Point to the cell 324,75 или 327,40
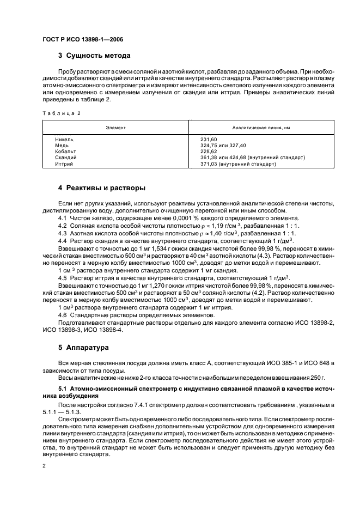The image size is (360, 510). pyautogui.click(x=223, y=145)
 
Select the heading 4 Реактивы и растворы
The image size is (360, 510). pyautogui.click(x=101, y=188)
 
